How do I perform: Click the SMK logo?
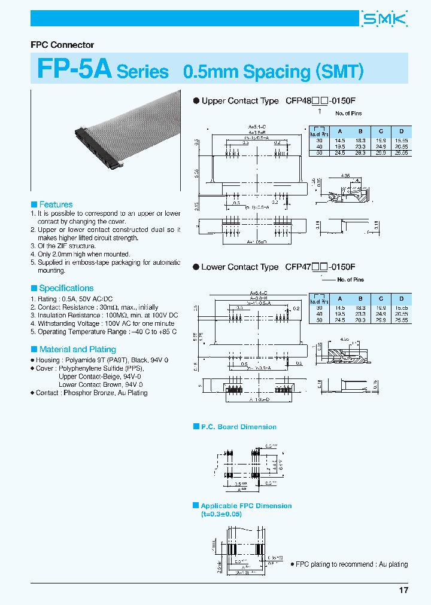(385, 19)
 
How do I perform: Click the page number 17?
(403, 590)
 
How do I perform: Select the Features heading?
(56, 204)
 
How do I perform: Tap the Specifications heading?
(66, 288)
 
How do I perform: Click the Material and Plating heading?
(77, 349)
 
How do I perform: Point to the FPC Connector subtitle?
(62, 45)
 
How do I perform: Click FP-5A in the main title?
(74, 70)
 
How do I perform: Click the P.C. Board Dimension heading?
(238, 427)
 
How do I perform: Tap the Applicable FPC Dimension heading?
(246, 506)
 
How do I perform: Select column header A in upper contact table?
(340, 131)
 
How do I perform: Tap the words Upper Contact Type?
(240, 101)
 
